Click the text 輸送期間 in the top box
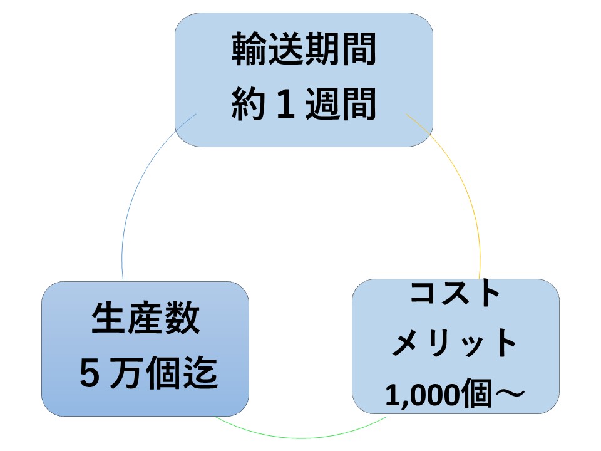[304, 49]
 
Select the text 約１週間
[304, 103]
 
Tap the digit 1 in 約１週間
[285, 104]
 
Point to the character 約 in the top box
[249, 103]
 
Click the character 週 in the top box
[322, 103]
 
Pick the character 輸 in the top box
[249, 49]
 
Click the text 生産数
[146, 318]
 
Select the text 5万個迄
[149, 372]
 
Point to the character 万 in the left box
[126, 372]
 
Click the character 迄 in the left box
[200, 372]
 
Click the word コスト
[455, 293]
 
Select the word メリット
[455, 343]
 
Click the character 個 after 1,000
[476, 393]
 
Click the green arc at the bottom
[301, 438]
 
